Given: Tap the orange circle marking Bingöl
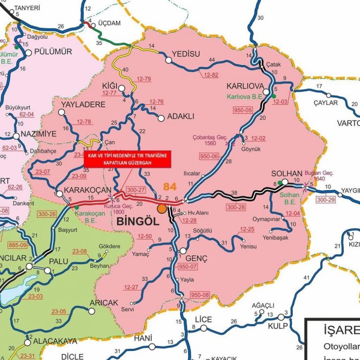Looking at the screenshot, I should [x=161, y=207].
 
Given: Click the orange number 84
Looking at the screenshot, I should [x=168, y=186].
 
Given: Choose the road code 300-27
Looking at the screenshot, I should [x=135, y=190].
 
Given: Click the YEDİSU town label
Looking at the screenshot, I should [x=185, y=54].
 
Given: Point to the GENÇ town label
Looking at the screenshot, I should [x=197, y=258].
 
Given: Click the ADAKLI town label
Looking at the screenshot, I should [x=181, y=116].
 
